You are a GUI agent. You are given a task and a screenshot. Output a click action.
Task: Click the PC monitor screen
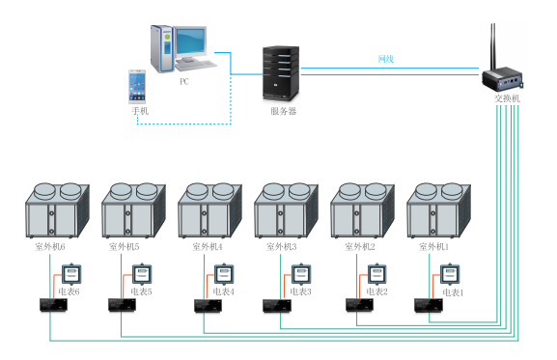pyautogui.click(x=191, y=41)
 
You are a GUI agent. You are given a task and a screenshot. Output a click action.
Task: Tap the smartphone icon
pyautogui.click(x=137, y=87)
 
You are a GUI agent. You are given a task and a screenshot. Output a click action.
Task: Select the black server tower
pyautogui.click(x=281, y=73)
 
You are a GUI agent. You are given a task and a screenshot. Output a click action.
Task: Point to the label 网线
pyautogui.click(x=385, y=59)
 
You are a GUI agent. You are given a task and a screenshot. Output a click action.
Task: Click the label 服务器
pyautogui.click(x=283, y=111)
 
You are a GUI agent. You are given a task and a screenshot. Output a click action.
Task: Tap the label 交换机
pyautogui.click(x=507, y=98)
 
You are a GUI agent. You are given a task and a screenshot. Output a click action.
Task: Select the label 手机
pyautogui.click(x=140, y=111)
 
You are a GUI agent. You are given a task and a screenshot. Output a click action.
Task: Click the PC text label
pyautogui.click(x=184, y=82)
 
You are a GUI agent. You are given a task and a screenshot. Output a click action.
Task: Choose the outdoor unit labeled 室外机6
pyautogui.click(x=57, y=210)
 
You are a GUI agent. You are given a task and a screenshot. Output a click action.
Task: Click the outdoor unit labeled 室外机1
pyautogui.click(x=438, y=210)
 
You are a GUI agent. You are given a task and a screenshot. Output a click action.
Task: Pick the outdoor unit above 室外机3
pyautogui.click(x=286, y=210)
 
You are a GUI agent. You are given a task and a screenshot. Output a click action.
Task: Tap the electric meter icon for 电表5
pyautogui.click(x=142, y=274)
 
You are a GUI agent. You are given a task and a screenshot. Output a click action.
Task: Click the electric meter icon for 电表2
pyautogui.click(x=376, y=274)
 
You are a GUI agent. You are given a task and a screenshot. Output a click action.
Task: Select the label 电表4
pyautogui.click(x=223, y=291)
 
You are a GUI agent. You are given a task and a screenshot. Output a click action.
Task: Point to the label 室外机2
pyautogui.click(x=360, y=246)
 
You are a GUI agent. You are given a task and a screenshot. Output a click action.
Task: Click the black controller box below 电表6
pyautogui.click(x=53, y=305)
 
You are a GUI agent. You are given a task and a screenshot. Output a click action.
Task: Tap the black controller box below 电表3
pyautogui.click(x=277, y=306)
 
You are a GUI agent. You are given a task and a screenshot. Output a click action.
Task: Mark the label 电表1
pyautogui.click(x=453, y=292)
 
